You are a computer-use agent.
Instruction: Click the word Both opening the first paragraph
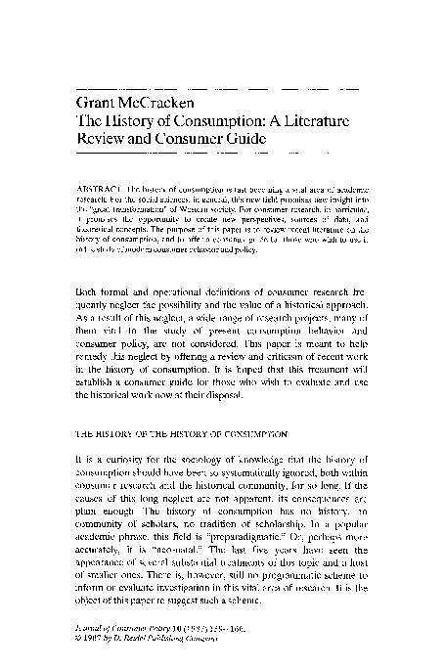88,264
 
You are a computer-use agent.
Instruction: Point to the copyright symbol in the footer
77,642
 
